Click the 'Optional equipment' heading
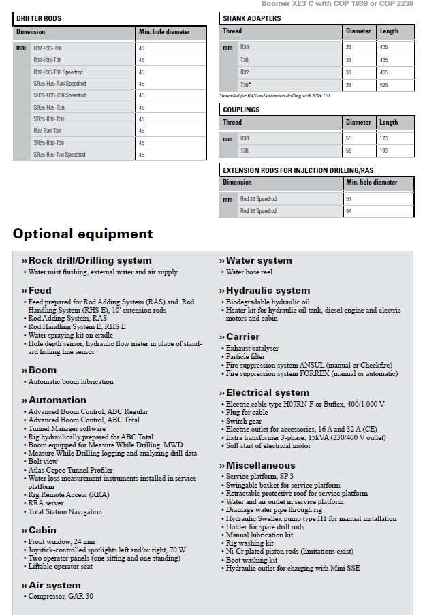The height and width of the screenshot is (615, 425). tap(82, 234)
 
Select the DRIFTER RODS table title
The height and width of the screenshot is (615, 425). tap(39, 18)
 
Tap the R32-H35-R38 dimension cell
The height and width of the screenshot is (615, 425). tap(48, 48)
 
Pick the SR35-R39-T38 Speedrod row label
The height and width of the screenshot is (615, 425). tap(59, 155)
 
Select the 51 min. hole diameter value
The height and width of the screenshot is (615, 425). tap(349, 199)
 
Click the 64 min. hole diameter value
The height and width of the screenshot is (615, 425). tap(349, 211)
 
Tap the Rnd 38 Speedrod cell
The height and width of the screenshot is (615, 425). tap(258, 211)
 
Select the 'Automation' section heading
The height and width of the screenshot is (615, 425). tap(57, 400)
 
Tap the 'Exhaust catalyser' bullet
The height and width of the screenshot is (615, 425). tap(253, 348)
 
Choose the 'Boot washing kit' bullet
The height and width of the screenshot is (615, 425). tap(251, 560)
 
